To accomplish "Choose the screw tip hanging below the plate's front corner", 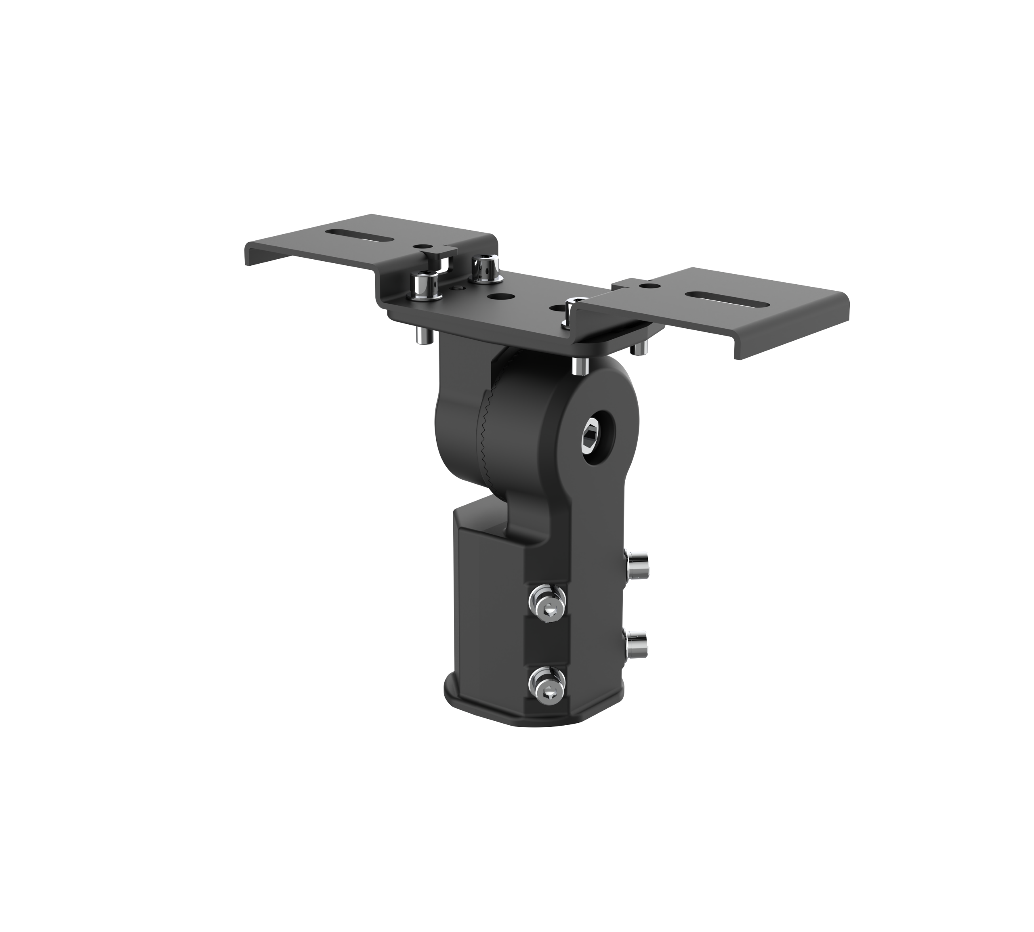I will pyautogui.click(x=579, y=365).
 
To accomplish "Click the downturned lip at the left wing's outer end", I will pyautogui.click(x=249, y=254).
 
